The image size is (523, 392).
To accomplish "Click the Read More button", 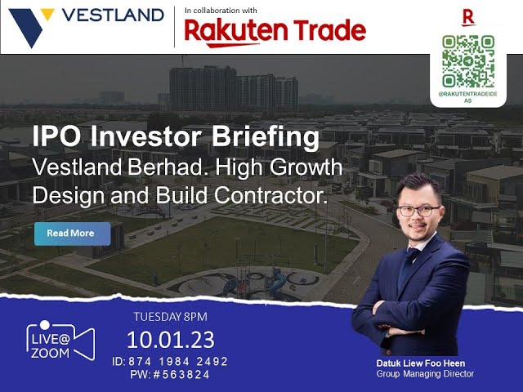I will click(x=70, y=234).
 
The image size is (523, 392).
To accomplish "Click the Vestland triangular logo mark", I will click(x=29, y=25).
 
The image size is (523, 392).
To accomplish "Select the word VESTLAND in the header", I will click(x=112, y=16).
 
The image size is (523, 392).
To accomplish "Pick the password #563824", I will click(x=176, y=375).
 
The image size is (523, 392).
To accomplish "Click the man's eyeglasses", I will click(x=417, y=210).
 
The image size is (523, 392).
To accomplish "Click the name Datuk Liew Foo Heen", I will click(x=424, y=363).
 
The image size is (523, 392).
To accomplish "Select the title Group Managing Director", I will click(x=425, y=374).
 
